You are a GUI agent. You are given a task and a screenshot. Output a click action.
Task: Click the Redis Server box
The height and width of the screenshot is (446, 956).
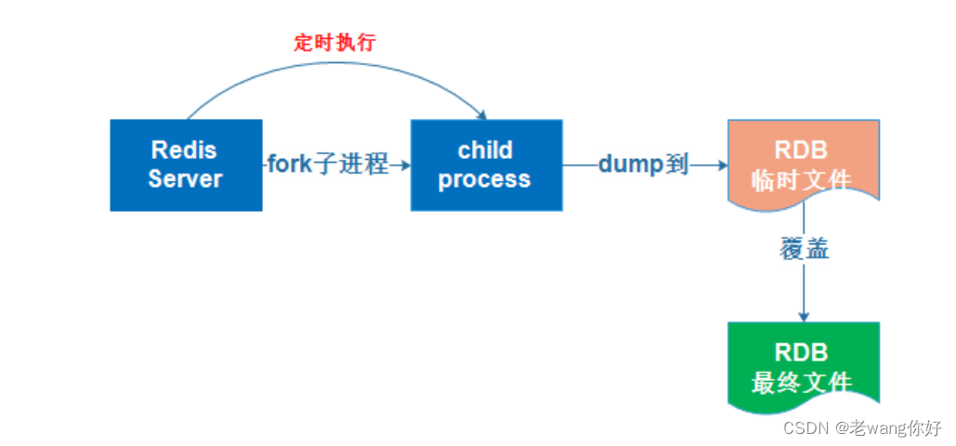(x=186, y=164)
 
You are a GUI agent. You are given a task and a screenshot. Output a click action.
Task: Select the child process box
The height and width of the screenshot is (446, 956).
(x=486, y=164)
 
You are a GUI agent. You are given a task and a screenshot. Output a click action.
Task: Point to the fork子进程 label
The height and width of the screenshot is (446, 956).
(x=328, y=165)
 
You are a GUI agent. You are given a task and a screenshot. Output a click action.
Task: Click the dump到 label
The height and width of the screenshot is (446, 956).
(x=643, y=165)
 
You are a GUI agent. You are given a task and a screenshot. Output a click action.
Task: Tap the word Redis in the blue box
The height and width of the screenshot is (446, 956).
(x=184, y=150)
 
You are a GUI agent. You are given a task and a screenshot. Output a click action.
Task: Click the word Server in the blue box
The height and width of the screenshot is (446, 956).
(x=185, y=178)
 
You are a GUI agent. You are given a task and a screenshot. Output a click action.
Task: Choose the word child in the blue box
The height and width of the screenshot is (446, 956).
(x=485, y=150)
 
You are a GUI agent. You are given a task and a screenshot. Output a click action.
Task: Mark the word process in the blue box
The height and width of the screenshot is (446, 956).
(x=484, y=178)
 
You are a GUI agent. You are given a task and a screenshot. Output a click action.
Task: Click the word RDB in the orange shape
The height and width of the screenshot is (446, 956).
(x=802, y=151)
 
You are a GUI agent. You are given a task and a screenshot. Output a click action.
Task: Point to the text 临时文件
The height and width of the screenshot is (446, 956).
(x=802, y=179)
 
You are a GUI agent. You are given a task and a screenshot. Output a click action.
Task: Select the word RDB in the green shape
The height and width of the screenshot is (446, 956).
(x=801, y=352)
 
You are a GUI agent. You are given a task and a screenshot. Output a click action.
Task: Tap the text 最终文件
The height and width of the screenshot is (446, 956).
(x=802, y=381)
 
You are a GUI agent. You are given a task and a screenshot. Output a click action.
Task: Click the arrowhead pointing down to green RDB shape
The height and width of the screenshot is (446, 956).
(x=803, y=316)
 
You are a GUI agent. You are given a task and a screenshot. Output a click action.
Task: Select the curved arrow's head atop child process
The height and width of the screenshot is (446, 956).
(x=481, y=114)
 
